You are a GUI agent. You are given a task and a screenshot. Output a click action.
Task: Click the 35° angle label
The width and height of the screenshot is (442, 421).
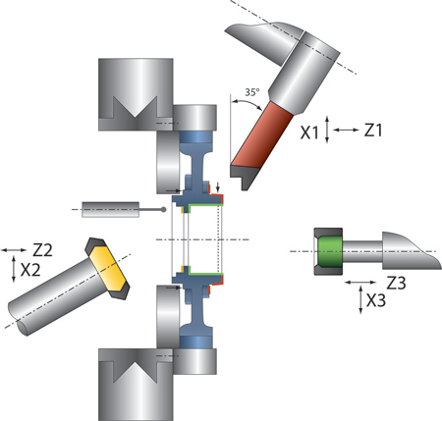point(252,92)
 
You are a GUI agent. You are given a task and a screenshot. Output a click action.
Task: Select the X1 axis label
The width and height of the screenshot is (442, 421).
point(309,133)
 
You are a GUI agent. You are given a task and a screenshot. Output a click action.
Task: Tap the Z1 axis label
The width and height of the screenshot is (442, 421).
point(373,131)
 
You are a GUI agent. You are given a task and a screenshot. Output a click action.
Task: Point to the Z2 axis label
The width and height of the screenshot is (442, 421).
point(42,250)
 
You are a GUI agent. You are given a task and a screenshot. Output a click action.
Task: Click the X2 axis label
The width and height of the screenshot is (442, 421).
point(30,270)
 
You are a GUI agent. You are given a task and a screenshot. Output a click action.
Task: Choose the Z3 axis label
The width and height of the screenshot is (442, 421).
point(396,284)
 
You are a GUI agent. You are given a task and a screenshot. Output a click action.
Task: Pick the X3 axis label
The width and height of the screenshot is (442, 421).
point(376,300)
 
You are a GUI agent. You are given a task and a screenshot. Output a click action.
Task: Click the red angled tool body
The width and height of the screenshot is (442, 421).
point(262,135)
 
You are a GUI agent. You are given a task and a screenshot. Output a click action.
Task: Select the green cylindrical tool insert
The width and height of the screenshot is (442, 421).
point(330,251)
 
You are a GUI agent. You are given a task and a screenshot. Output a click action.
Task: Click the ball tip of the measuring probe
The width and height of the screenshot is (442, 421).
point(163,209)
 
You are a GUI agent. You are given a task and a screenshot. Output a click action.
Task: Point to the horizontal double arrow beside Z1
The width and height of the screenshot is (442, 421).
point(346,130)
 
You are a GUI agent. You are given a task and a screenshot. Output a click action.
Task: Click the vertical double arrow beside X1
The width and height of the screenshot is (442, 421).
point(327,130)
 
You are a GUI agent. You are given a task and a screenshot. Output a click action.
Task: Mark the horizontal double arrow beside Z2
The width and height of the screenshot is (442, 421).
point(14,250)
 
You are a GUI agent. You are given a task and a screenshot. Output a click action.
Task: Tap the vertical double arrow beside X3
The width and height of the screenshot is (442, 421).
point(360,299)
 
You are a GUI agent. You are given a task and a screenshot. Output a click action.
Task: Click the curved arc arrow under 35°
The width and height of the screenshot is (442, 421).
point(247,104)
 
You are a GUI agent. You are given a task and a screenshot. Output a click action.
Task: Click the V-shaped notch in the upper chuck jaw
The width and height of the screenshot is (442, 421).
point(136,107)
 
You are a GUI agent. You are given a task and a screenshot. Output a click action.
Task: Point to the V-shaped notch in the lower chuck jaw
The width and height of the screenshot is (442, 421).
point(136,372)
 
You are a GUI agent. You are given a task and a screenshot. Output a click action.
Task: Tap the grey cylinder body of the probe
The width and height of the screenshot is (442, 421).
point(111,209)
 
